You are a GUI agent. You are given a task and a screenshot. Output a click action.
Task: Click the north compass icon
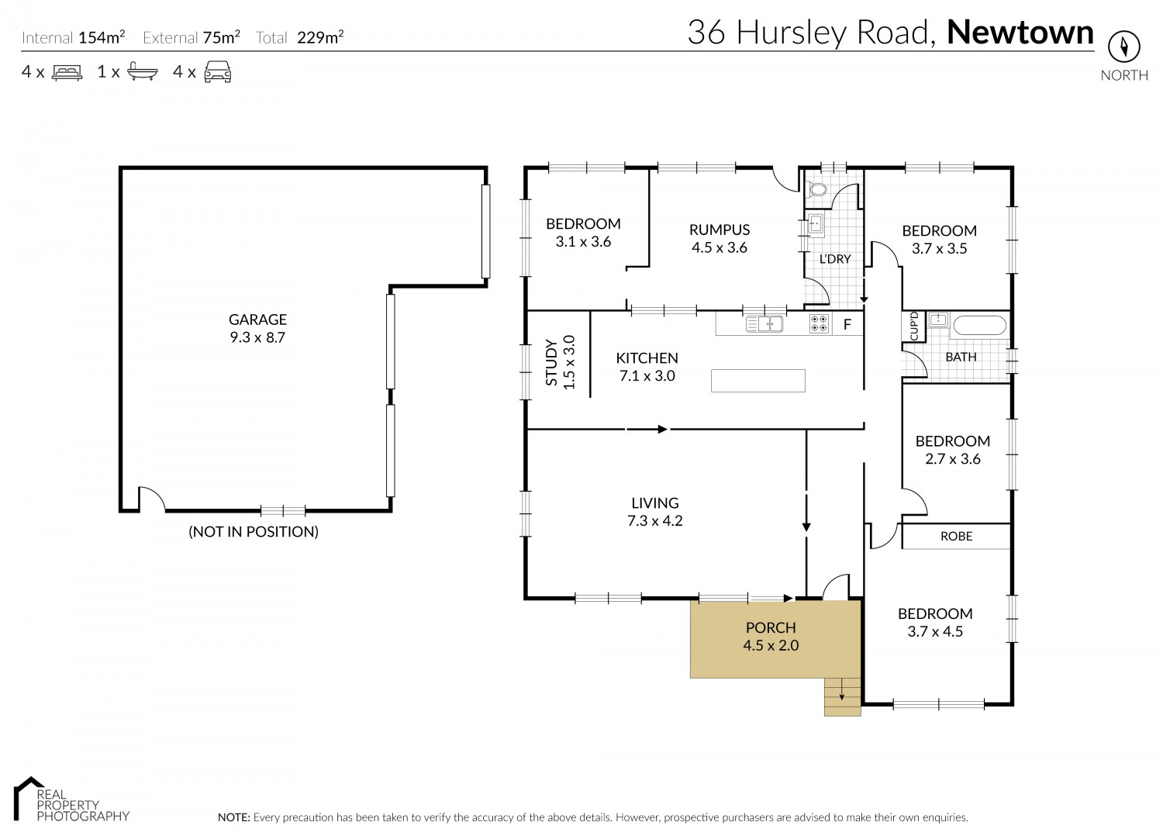pyautogui.click(x=1124, y=47)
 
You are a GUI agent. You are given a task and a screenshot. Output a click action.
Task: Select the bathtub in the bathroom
pyautogui.click(x=980, y=326)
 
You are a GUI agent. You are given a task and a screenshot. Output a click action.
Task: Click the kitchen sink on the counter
pyautogui.click(x=764, y=324)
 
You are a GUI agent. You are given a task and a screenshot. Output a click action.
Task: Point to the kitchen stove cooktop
pyautogui.click(x=819, y=324)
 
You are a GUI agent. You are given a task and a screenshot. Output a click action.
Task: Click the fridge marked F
pyautogui.click(x=847, y=325)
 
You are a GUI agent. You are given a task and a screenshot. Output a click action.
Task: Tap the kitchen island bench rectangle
pyautogui.click(x=758, y=381)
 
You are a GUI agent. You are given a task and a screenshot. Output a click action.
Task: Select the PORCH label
pyautogui.click(x=771, y=627)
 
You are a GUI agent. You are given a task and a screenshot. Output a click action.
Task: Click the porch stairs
pyautogui.click(x=843, y=697)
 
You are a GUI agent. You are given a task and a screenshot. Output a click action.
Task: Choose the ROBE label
pyautogui.click(x=956, y=537)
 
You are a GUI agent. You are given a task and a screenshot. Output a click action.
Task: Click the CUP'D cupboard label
pyautogui.click(x=914, y=326)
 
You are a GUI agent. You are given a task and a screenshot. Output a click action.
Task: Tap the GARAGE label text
pyautogui.click(x=257, y=320)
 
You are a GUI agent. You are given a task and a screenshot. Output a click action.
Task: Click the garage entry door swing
pyautogui.click(x=152, y=499)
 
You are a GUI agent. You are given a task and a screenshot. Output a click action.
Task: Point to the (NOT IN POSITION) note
pyautogui.click(x=254, y=532)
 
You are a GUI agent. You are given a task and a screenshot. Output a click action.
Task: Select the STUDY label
pyautogui.click(x=551, y=363)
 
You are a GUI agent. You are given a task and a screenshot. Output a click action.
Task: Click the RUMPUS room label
pyautogui.click(x=720, y=230)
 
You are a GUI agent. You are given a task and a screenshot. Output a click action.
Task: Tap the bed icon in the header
pyautogui.click(x=67, y=71)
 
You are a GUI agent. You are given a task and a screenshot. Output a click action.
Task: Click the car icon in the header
pyautogui.click(x=218, y=71)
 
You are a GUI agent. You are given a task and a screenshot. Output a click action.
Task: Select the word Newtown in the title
pyautogui.click(x=1020, y=33)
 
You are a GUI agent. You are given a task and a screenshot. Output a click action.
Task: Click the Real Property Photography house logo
pyautogui.click(x=29, y=798)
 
